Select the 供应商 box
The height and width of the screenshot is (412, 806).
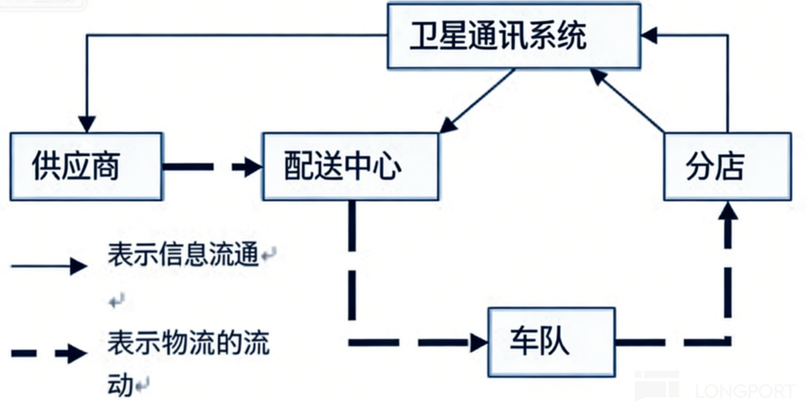coord(86,166)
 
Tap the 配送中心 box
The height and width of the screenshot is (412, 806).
coord(350,166)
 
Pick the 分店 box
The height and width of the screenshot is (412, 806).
coord(727,166)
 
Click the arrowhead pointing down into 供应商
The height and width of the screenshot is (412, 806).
coord(87,124)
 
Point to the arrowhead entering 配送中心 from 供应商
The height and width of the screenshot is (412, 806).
coord(252,167)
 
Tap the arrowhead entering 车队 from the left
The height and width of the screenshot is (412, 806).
coord(478,343)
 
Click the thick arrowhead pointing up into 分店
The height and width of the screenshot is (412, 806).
coord(728,212)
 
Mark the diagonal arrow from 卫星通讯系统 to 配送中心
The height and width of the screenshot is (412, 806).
coord(477,101)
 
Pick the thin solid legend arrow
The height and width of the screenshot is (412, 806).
coord(49,267)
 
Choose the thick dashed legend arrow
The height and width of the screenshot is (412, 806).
coord(49,353)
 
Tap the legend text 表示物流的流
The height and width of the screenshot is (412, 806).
coord(189,345)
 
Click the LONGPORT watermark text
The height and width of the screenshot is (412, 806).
coord(745,391)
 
